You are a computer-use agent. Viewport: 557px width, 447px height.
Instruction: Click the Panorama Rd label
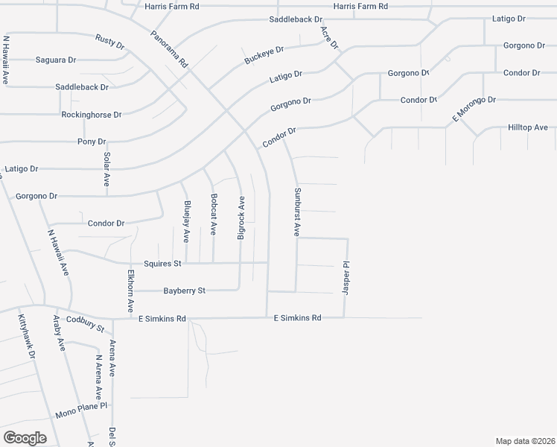(x=170, y=49)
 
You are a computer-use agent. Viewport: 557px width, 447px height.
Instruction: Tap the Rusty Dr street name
(x=109, y=42)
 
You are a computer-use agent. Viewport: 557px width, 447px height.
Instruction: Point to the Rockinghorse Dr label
(x=92, y=115)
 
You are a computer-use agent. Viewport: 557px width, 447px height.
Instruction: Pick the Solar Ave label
(x=107, y=170)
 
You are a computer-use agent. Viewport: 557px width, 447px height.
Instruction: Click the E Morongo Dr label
(x=474, y=109)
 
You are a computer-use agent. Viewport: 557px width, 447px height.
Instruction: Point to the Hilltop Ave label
(x=528, y=127)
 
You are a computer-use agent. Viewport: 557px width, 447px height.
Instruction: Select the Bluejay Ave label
(x=186, y=222)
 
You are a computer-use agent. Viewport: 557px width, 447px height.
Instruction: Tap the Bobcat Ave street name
(x=214, y=215)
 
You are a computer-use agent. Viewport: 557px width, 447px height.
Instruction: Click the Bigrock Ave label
(x=241, y=218)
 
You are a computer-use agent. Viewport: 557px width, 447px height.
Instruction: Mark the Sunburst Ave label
(x=296, y=212)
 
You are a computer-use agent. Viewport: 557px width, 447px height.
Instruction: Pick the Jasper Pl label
(x=346, y=277)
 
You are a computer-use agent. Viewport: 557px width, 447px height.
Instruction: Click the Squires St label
(x=162, y=264)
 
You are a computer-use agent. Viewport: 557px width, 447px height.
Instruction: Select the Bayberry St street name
(x=184, y=291)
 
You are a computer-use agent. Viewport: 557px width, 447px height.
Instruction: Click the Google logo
(x=25, y=437)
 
